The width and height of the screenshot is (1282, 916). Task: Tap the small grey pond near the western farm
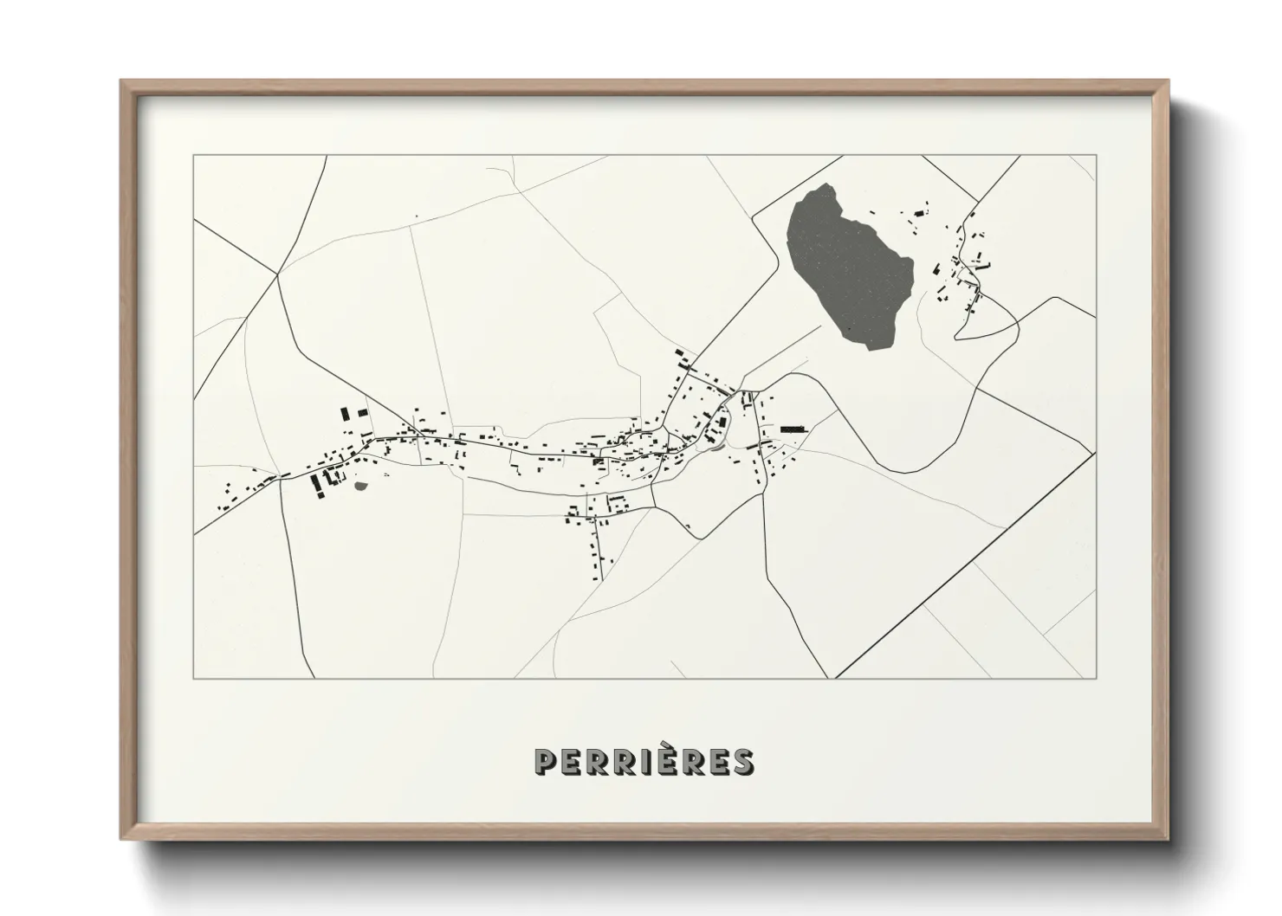pyautogui.click(x=360, y=485)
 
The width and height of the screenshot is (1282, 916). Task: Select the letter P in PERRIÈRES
pyautogui.click(x=546, y=761)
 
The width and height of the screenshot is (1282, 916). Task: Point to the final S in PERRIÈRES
pyautogui.click(x=741, y=761)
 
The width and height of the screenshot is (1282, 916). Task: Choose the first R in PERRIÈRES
pyautogui.click(x=596, y=761)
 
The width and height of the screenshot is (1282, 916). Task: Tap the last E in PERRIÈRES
pyautogui.click(x=717, y=761)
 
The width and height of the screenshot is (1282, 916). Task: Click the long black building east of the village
pyautogui.click(x=793, y=429)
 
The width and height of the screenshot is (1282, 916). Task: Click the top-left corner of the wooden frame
pyautogui.click(x=121, y=81)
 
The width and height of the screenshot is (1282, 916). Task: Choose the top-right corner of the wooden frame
pyautogui.click(x=1168, y=81)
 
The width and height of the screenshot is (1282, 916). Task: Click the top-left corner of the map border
pyautogui.click(x=194, y=156)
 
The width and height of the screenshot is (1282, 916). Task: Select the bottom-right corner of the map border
pyautogui.click(x=1096, y=678)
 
